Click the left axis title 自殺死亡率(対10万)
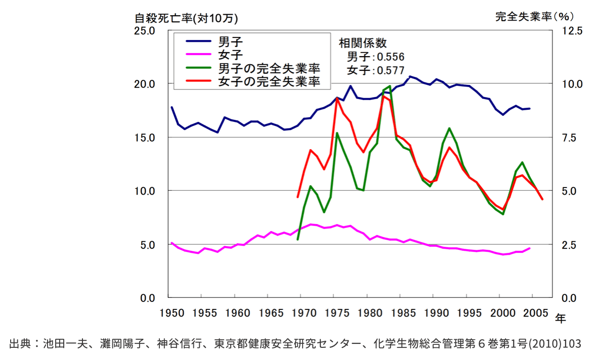(x=186, y=18)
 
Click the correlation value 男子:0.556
(x=375, y=57)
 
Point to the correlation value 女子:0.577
(x=375, y=70)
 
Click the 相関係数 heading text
(x=362, y=43)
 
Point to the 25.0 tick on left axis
(x=144, y=31)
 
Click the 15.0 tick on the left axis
(x=144, y=138)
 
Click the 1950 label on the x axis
(x=167, y=312)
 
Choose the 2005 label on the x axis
(x=534, y=312)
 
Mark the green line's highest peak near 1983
(x=390, y=86)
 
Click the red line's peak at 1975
(x=337, y=99)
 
